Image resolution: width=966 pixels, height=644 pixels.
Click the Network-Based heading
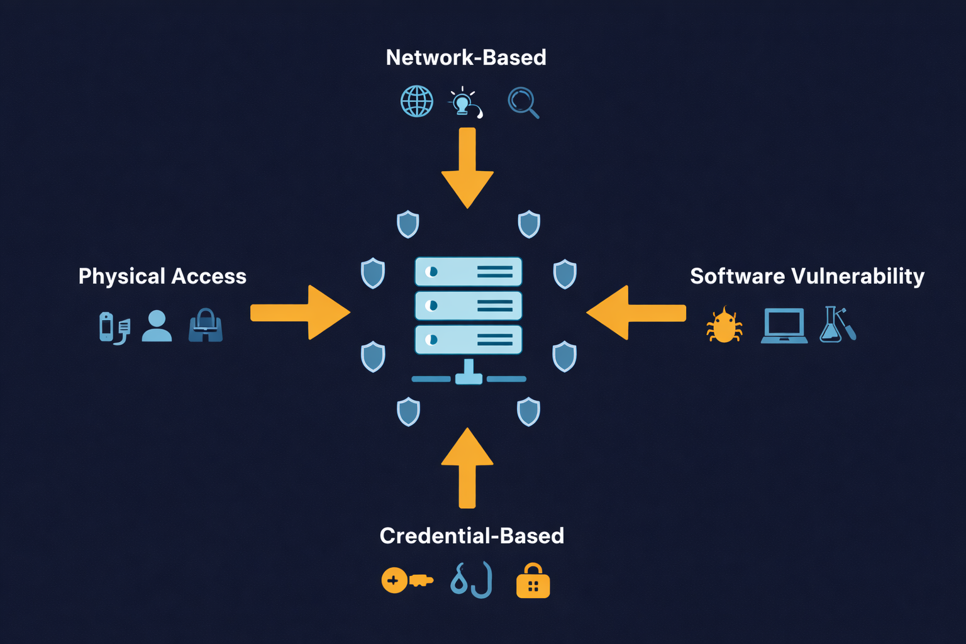pos(466,58)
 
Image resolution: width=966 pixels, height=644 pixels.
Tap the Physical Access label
pos(162,276)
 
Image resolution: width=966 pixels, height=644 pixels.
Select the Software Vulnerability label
pos(807,276)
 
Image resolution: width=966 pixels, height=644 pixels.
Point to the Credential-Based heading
pos(472,536)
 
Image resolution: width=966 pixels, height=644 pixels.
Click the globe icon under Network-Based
pos(417,101)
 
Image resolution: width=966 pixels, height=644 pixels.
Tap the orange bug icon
pos(724,325)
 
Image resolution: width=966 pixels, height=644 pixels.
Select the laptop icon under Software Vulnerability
pos(784,325)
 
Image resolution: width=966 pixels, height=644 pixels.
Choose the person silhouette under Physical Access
pos(157,326)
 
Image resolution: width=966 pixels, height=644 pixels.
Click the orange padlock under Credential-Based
pos(533,581)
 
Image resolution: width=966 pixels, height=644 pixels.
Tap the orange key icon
pos(406,580)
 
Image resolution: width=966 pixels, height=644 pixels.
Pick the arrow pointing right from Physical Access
pos(299,313)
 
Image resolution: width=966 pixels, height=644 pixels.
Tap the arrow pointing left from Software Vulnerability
pos(636,313)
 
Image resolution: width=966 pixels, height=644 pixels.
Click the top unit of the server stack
pos(469,272)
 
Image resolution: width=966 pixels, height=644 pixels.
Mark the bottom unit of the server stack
pos(469,340)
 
